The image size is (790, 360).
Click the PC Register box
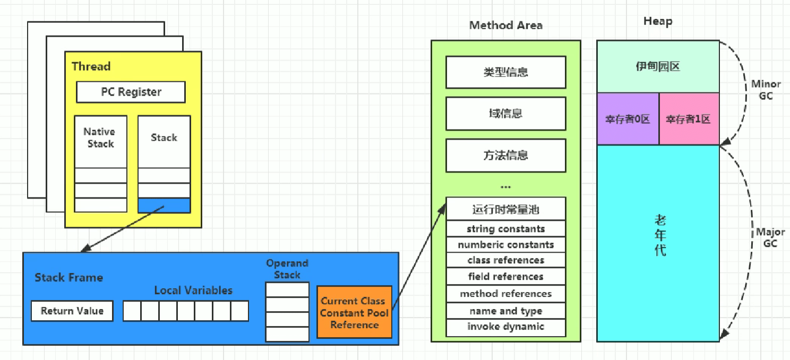pyautogui.click(x=131, y=92)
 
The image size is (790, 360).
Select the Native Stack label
pyautogui.click(x=100, y=138)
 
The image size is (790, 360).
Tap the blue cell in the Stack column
pyautogui.click(x=164, y=205)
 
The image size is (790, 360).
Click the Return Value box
pyautogui.click(x=72, y=311)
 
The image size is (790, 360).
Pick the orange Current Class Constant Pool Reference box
pyautogui.click(x=354, y=312)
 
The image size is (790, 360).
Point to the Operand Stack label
pyautogui.click(x=287, y=269)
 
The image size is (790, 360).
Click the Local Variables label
pyautogui.click(x=193, y=290)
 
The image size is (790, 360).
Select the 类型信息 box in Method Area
pyautogui.click(x=505, y=72)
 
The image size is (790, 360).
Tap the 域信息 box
pyautogui.click(x=505, y=114)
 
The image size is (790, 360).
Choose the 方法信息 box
pyautogui.click(x=505, y=156)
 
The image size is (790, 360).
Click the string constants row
pyautogui.click(x=505, y=229)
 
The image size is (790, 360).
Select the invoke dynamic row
pyautogui.click(x=505, y=327)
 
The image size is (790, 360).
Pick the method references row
pyautogui.click(x=505, y=294)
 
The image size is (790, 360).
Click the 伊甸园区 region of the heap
pyautogui.click(x=658, y=67)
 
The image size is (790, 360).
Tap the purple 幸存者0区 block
pyautogui.click(x=628, y=119)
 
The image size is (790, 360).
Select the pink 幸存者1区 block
pyautogui.click(x=689, y=119)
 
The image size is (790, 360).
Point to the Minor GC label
pyautogui.click(x=766, y=90)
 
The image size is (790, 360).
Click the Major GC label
pyautogui.click(x=770, y=238)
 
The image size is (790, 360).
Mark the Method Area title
pyautogui.click(x=505, y=25)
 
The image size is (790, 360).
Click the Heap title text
pyautogui.click(x=657, y=21)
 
